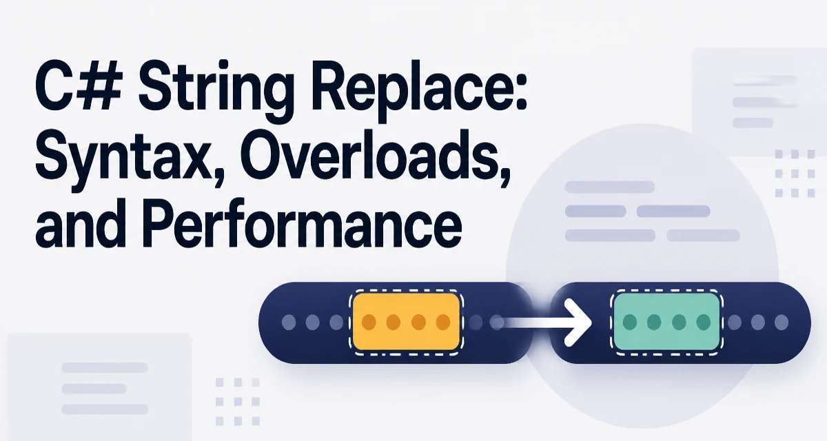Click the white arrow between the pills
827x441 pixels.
click(x=543, y=322)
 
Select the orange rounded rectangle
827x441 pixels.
click(x=406, y=321)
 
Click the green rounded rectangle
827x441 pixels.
click(x=667, y=321)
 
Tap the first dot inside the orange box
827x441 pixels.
click(x=369, y=322)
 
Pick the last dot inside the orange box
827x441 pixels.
click(x=443, y=322)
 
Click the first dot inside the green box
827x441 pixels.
click(x=630, y=322)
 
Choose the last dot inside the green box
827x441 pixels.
click(x=704, y=322)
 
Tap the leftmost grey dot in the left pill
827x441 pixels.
click(x=289, y=322)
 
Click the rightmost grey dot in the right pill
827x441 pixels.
click(x=782, y=322)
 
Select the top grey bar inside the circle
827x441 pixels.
click(x=610, y=187)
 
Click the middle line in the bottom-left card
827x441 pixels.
click(x=94, y=389)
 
